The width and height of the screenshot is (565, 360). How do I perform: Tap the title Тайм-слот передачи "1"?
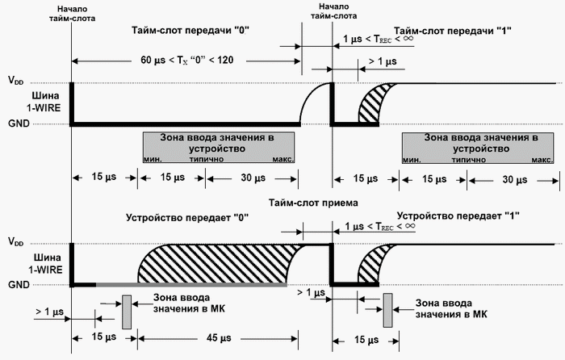[458, 30]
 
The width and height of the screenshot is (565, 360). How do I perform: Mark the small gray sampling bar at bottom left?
[127, 312]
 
